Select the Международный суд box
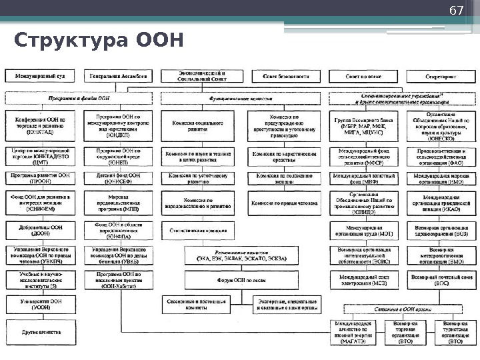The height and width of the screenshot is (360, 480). pyautogui.click(x=40, y=76)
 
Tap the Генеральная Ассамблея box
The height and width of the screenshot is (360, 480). pyautogui.click(x=120, y=76)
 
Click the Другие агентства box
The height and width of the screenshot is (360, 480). pyautogui.click(x=41, y=331)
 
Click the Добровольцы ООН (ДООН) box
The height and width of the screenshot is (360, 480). pyautogui.click(x=41, y=230)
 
